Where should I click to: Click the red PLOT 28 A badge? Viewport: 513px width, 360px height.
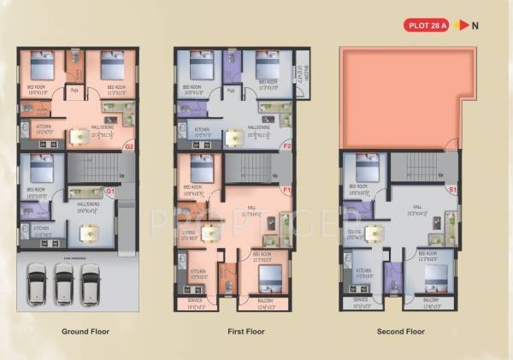point(426,25)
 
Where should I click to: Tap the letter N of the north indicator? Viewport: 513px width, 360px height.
point(475,25)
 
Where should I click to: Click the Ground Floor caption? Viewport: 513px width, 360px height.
point(85,331)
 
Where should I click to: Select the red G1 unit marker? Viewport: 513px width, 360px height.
point(109,192)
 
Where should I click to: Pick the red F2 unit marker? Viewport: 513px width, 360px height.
point(287,145)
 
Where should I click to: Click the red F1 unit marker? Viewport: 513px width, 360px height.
point(287,188)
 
